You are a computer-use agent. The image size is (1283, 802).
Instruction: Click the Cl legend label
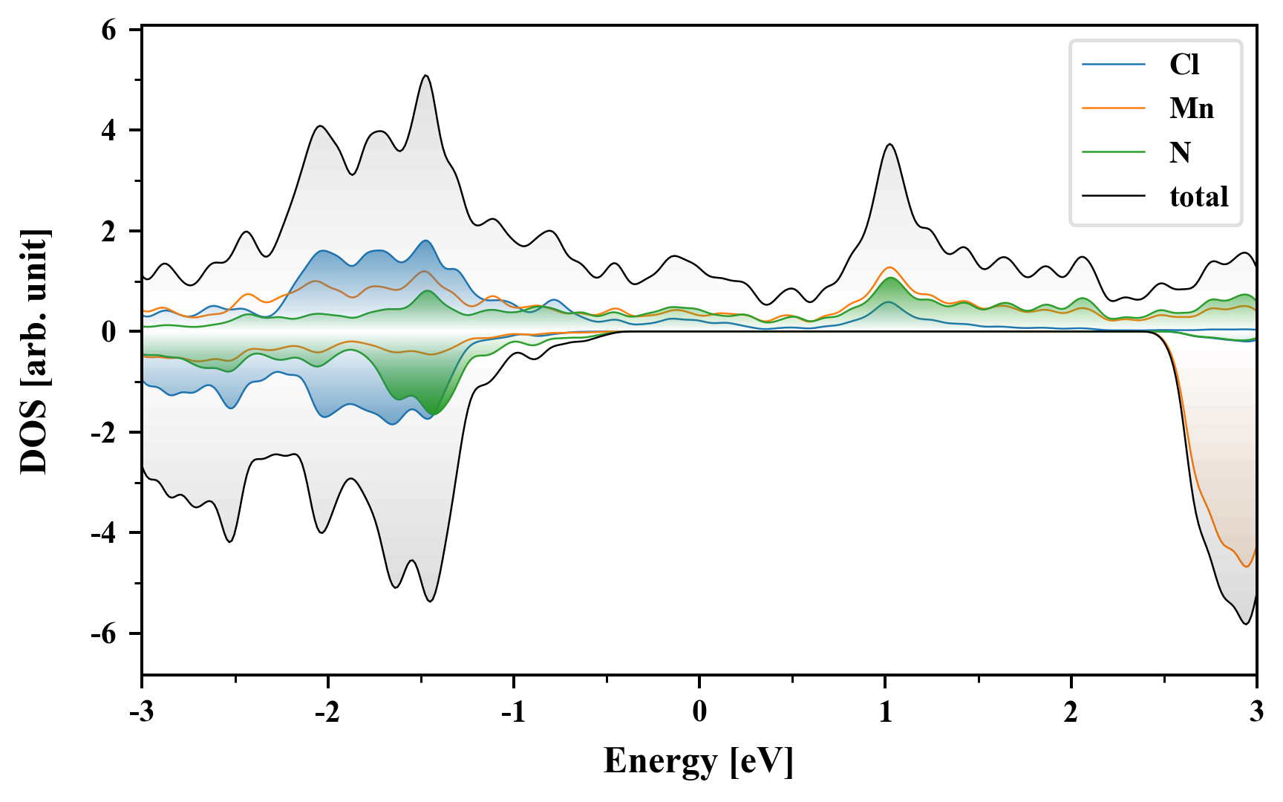(1184, 65)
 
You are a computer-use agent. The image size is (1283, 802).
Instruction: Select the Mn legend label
(1191, 108)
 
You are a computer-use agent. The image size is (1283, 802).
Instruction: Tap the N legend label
(1180, 152)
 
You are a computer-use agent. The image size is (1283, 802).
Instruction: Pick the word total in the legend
(1198, 196)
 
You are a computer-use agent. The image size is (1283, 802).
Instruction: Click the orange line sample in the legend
(1113, 108)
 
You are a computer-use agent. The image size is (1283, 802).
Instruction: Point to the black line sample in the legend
(1113, 196)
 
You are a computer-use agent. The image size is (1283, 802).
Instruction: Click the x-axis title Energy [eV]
(699, 761)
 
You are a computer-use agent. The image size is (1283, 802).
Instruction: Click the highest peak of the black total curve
(425, 76)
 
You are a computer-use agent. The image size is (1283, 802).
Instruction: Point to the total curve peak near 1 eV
(889, 145)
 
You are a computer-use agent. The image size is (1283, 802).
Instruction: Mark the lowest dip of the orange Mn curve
(1247, 567)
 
